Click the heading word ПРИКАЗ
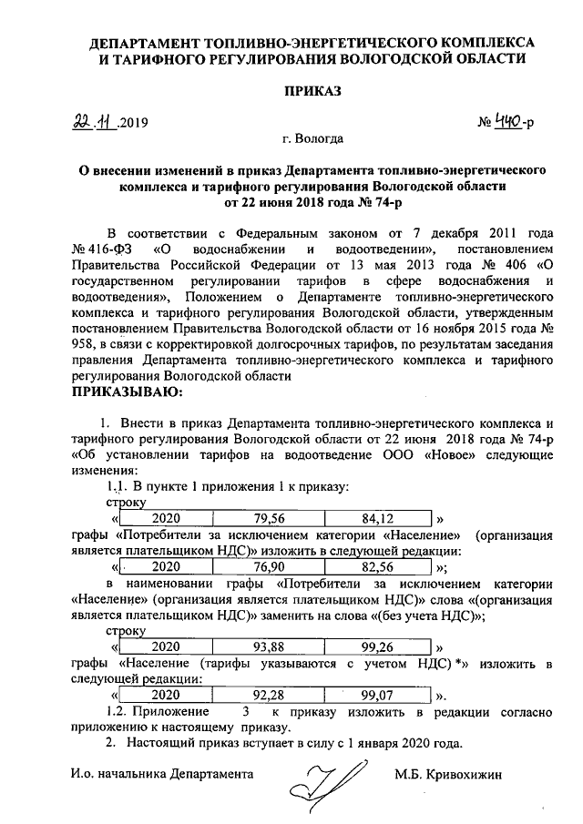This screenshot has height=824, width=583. coord(312,91)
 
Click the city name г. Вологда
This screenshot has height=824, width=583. coord(312,139)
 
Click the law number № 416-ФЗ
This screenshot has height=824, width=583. coord(103,249)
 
